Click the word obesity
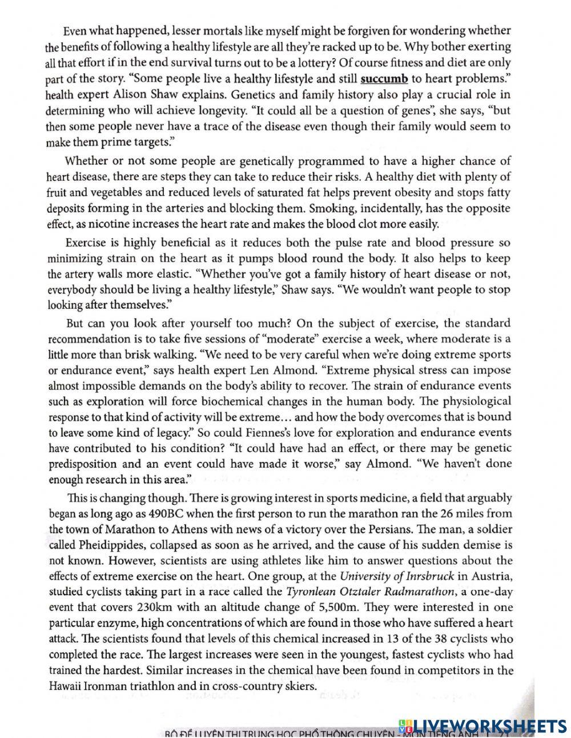pos(389,192)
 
